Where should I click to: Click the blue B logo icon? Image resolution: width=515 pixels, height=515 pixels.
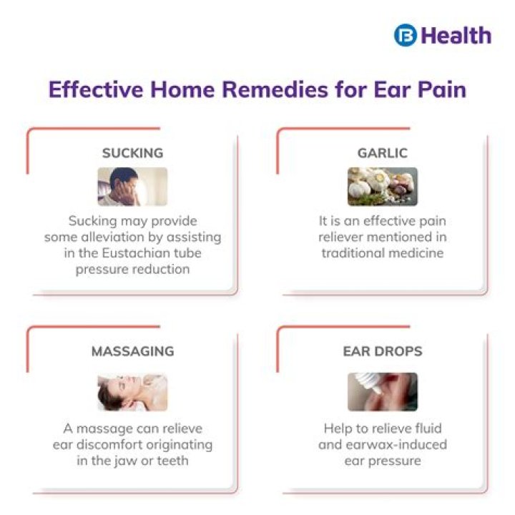pyautogui.click(x=405, y=35)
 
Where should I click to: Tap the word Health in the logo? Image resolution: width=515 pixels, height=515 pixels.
pyautogui.click(x=456, y=35)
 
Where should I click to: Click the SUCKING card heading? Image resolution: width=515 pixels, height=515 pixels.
pyautogui.click(x=132, y=153)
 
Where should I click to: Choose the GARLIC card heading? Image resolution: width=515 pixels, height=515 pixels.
pyautogui.click(x=382, y=153)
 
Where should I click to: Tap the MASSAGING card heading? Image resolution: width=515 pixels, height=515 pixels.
pyautogui.click(x=132, y=351)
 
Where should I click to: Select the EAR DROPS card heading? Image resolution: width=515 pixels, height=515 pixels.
pyautogui.click(x=382, y=351)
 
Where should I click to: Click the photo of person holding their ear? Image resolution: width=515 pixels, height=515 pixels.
pyautogui.click(x=132, y=187)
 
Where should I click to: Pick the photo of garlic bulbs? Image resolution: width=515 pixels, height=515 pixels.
pyautogui.click(x=382, y=187)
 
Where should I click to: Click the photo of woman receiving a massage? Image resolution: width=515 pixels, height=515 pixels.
pyautogui.click(x=132, y=391)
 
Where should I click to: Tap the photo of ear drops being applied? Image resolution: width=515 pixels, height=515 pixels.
pyautogui.click(x=382, y=391)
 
